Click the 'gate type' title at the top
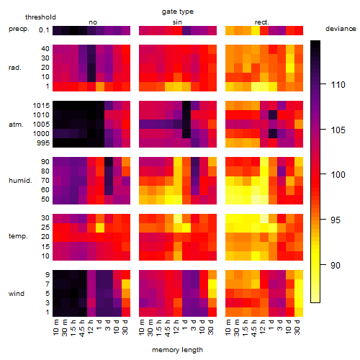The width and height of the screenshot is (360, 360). coord(178,12)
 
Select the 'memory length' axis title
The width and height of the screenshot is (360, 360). coord(177,350)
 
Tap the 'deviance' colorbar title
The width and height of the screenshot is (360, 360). coord(341,29)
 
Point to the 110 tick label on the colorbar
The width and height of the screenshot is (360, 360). coord(338,84)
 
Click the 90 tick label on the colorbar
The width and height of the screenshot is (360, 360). coord(336,265)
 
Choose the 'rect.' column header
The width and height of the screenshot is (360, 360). coord(261,22)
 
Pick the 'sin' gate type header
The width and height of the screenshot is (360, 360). coord(177,22)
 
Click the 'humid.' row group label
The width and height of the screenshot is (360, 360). coord(20,181)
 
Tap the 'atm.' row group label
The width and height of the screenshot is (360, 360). coord(16,125)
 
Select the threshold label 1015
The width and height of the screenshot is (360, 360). coord(41,106)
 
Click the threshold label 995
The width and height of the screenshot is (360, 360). coord(43,143)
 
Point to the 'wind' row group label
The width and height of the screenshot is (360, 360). coord(17,294)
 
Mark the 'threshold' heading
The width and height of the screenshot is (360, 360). coord(40,17)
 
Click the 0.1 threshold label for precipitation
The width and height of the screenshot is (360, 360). coord(44,30)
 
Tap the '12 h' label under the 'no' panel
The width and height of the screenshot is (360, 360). coord(90,327)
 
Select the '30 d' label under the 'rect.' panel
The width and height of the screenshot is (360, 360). coord(297,327)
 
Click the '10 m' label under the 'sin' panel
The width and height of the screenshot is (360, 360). coord(142,328)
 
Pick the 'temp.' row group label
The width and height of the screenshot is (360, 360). coord(18,236)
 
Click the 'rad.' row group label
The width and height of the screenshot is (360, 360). coord(15,68)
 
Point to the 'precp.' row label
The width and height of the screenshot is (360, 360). coord(19,30)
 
